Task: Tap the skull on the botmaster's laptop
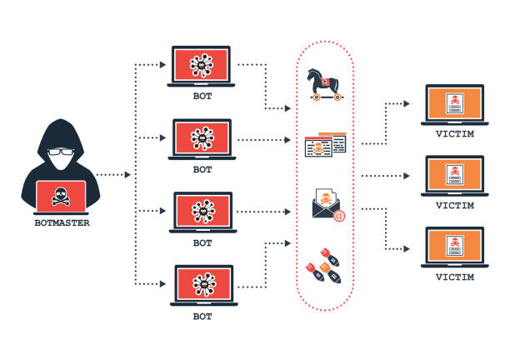tap(60, 197)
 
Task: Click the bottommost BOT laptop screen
tap(202, 284)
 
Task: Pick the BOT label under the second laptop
tap(202, 169)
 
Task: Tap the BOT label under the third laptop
tap(202, 243)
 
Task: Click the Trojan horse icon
tap(325, 83)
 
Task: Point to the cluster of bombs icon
tap(325, 266)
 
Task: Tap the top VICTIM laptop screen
tap(453, 105)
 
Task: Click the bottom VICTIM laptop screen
tap(453, 248)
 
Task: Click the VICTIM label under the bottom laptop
tap(454, 277)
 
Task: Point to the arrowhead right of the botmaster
tap(127, 175)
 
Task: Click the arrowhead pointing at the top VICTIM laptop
tap(407, 104)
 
